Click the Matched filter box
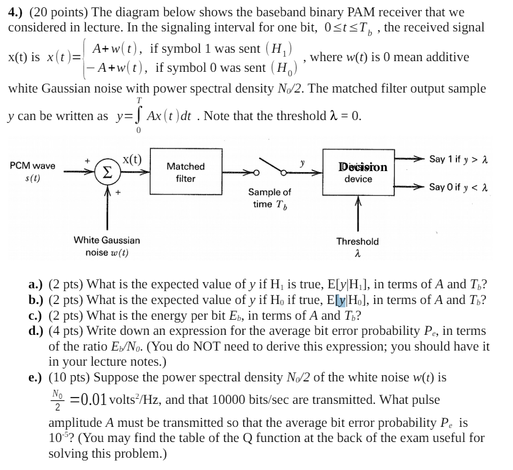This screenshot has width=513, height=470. click(186, 172)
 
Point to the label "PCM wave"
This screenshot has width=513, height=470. click(33, 166)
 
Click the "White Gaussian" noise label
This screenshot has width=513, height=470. click(107, 240)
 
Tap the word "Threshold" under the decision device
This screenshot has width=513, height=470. click(357, 241)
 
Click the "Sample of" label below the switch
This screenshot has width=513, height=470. click(270, 192)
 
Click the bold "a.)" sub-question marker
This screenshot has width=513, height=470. click(37, 284)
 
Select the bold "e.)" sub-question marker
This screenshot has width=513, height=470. click(37, 377)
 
